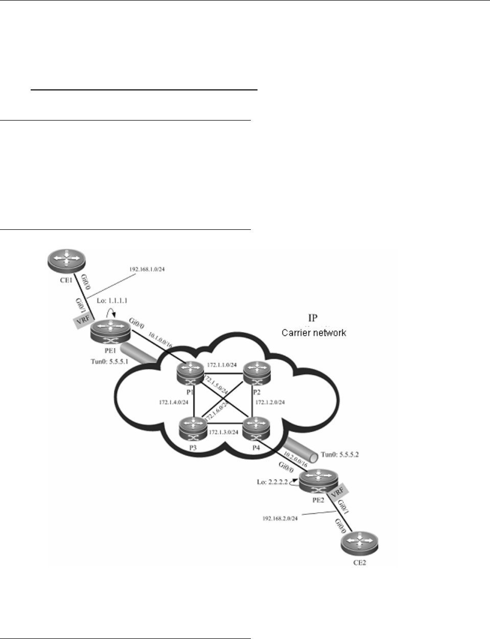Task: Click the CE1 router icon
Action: click(x=66, y=262)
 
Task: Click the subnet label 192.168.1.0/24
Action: click(x=148, y=269)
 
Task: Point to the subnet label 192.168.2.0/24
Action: click(x=280, y=518)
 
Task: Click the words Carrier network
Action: click(x=314, y=333)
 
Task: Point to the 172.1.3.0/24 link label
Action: click(x=225, y=432)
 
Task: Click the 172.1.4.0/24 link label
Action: click(x=174, y=403)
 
